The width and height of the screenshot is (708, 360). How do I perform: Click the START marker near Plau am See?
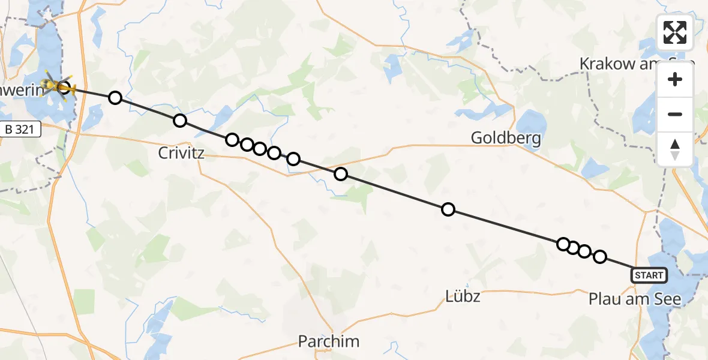click(x=649, y=275)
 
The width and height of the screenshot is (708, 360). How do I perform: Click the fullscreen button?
click(x=675, y=32)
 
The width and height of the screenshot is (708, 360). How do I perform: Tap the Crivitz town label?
click(x=181, y=153)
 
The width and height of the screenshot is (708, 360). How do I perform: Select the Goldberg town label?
click(x=506, y=139)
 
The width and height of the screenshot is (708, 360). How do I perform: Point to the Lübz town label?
click(x=463, y=296)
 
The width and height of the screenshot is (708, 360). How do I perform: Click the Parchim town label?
click(x=329, y=341)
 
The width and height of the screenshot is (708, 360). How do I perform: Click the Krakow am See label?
click(x=636, y=64)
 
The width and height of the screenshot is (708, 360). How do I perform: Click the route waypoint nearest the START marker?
click(x=599, y=257)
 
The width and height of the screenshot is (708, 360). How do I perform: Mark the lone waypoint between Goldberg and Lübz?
click(x=448, y=209)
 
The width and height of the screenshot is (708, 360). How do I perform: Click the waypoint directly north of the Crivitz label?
click(x=179, y=121)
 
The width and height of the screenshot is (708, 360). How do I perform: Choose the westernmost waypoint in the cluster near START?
click(x=563, y=244)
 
